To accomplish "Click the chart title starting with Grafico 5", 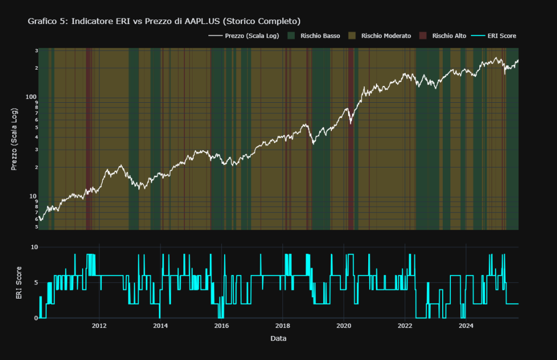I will tap(164, 21).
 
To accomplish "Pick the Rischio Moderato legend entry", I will tap(389, 36).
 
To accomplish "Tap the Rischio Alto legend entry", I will tap(449, 36).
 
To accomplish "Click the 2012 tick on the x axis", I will tap(99, 326).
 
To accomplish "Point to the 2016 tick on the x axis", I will tap(221, 326).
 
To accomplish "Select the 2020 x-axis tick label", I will tap(344, 326).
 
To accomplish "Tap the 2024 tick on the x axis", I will tap(466, 326).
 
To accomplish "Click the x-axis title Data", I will tap(278, 339).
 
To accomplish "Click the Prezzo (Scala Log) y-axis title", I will tap(15, 139).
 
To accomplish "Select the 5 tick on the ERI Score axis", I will tap(34, 282).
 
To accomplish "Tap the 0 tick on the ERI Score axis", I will tap(34, 318).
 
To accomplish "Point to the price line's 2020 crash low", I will tap(351, 123).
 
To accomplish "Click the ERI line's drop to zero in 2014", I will tap(159, 317).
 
